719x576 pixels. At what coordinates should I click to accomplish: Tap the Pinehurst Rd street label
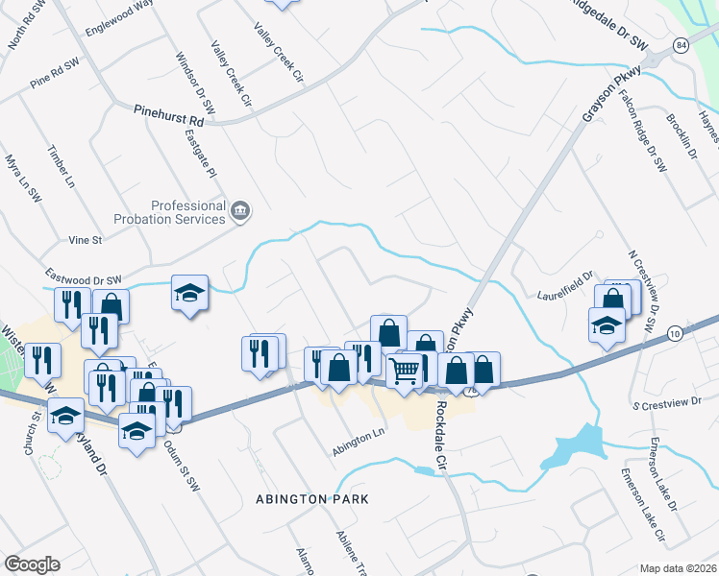pos(169,115)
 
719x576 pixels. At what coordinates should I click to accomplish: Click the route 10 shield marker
pos(675,332)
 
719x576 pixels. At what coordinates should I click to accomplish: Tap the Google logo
pos(32,564)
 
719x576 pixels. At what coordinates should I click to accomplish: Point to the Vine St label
pos(85,239)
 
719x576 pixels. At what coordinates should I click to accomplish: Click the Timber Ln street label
pos(61,166)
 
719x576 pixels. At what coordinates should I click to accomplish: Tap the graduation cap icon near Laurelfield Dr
pos(607,325)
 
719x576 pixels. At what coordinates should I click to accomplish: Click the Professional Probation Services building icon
pos(240,210)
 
